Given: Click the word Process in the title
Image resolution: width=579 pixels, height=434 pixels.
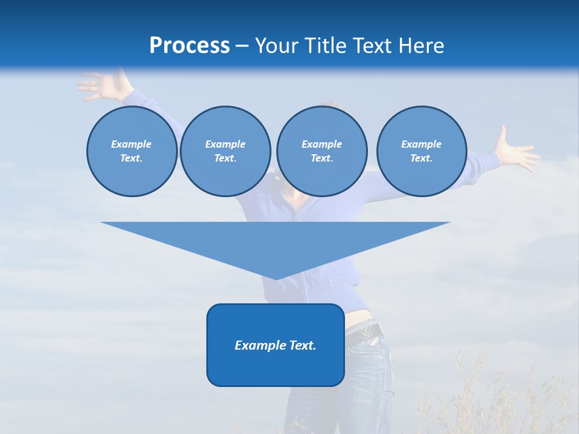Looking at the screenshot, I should point(189,46).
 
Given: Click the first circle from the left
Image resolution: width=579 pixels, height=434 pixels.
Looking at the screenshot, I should point(131,151).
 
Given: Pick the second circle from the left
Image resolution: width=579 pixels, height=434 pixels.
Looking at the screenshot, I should point(226,151).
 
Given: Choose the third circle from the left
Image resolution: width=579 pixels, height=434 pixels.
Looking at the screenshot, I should point(321,151).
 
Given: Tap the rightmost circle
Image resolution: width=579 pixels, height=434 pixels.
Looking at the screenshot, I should point(422,151).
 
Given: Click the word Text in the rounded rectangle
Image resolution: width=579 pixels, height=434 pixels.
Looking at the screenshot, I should point(302,345).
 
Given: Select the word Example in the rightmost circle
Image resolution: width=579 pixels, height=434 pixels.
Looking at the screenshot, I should point(422,144).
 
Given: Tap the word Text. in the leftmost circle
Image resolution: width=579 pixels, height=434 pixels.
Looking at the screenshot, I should point(131,159).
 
